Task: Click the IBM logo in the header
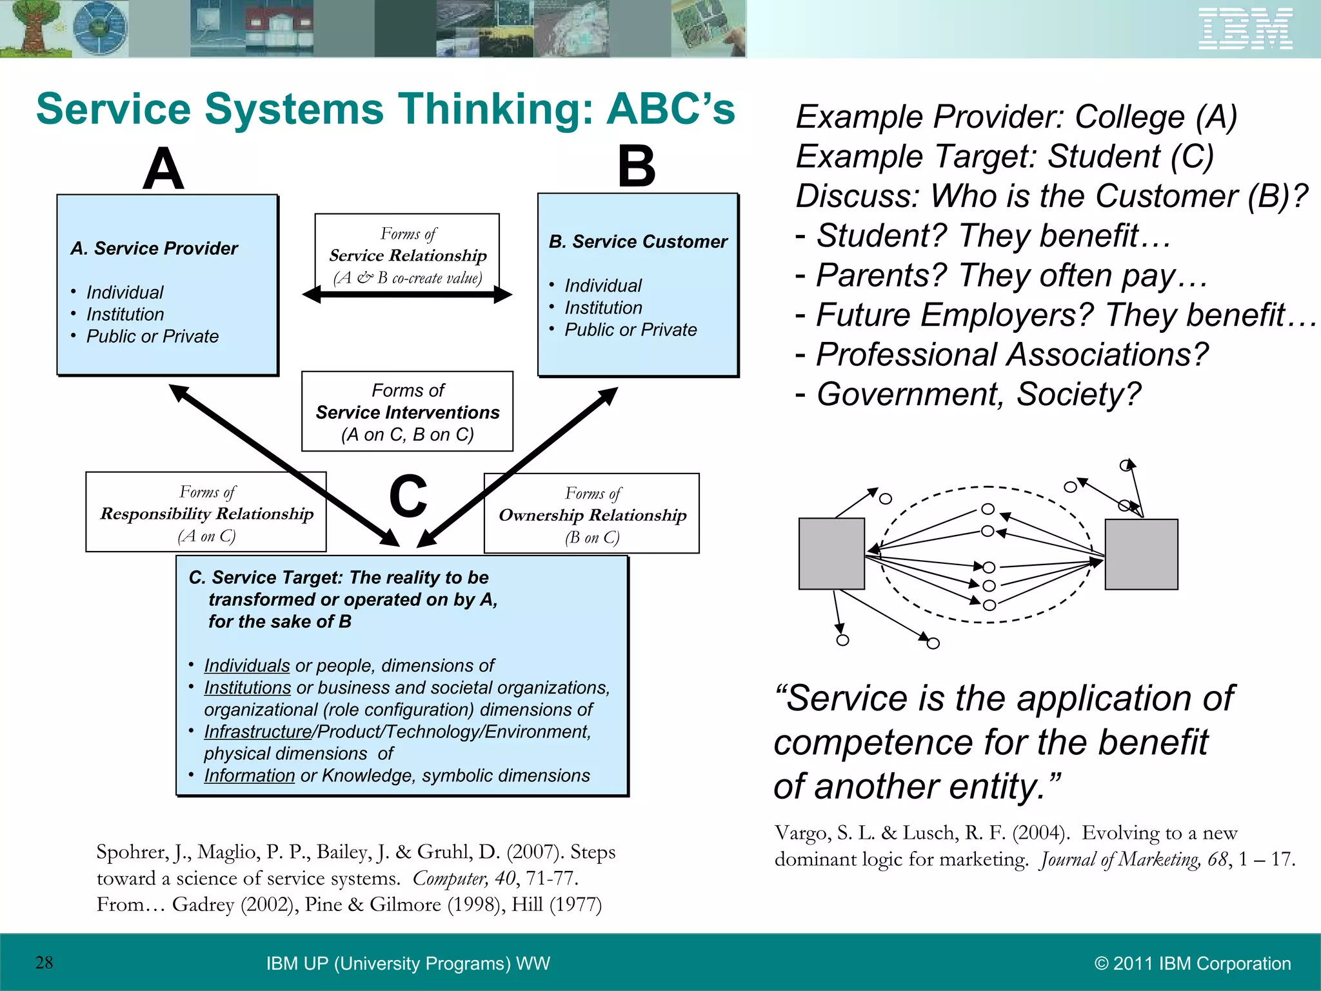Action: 1246,29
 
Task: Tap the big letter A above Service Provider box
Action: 164,169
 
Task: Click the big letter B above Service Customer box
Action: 636,166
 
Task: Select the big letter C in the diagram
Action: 408,496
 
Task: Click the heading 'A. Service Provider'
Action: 154,248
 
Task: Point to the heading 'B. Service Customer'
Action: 637,242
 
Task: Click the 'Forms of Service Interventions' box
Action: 407,412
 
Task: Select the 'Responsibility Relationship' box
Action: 206,513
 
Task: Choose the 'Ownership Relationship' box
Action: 591,514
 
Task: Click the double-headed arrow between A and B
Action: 407,295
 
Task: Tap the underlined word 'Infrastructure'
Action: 257,732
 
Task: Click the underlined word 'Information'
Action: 249,776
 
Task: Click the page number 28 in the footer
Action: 44,963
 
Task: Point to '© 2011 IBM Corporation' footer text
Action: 1192,964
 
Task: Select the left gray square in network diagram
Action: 831,554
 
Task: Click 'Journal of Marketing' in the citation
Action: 1120,860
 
